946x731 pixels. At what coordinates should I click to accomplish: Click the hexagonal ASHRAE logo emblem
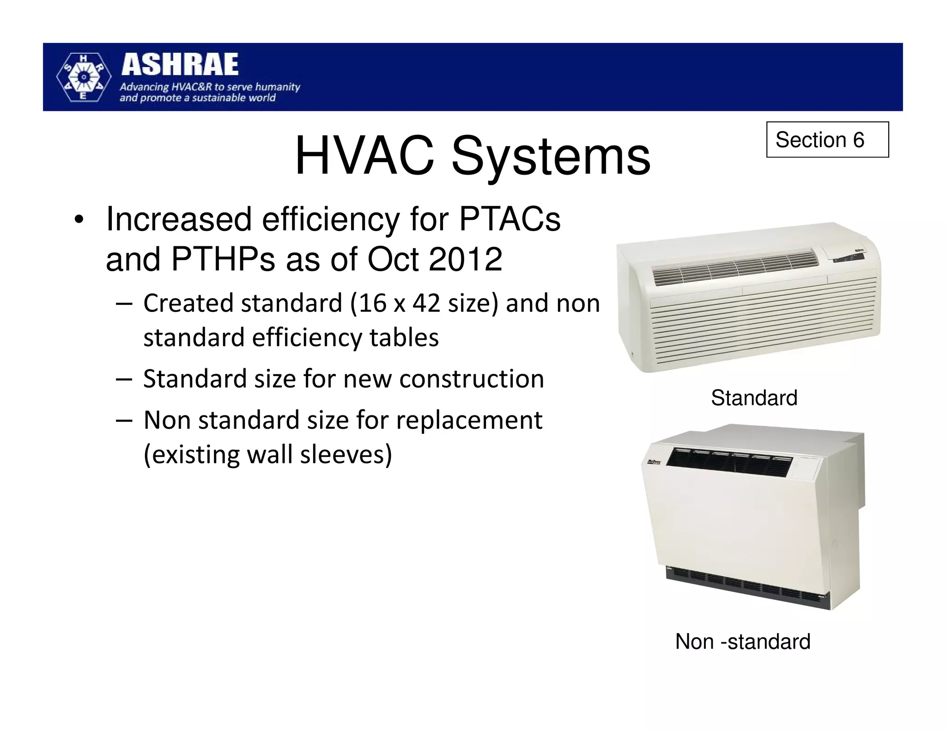(83, 77)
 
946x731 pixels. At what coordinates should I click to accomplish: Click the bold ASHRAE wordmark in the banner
(180, 65)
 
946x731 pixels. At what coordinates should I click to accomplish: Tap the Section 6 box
(827, 140)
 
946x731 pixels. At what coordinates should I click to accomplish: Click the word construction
(471, 379)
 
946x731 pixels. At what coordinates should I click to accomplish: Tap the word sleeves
(346, 454)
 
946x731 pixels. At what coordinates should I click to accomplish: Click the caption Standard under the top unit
(754, 398)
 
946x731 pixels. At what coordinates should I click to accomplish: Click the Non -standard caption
(742, 641)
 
